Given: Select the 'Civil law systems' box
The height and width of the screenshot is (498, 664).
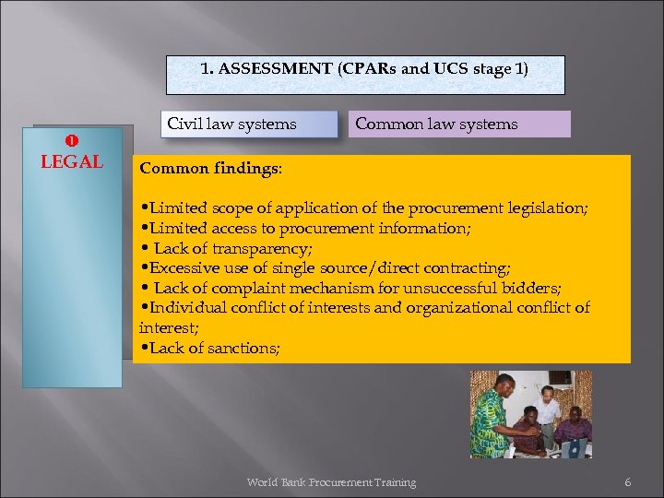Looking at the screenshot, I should (231, 124).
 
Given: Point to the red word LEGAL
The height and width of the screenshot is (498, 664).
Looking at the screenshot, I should (72, 162).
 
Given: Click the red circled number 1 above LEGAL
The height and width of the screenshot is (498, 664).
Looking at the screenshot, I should (71, 140).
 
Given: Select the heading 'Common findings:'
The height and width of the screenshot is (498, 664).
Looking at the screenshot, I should (210, 170).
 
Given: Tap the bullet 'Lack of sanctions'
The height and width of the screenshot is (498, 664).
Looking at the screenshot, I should (213, 347).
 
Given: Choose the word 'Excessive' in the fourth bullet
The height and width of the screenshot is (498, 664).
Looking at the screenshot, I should (184, 268).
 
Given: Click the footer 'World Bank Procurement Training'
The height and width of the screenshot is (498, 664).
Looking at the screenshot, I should (331, 482).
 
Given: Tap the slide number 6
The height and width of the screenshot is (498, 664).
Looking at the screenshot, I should (628, 482).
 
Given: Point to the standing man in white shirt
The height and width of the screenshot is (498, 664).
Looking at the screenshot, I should (548, 406).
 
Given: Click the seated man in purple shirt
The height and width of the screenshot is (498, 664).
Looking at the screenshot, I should (574, 429).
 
